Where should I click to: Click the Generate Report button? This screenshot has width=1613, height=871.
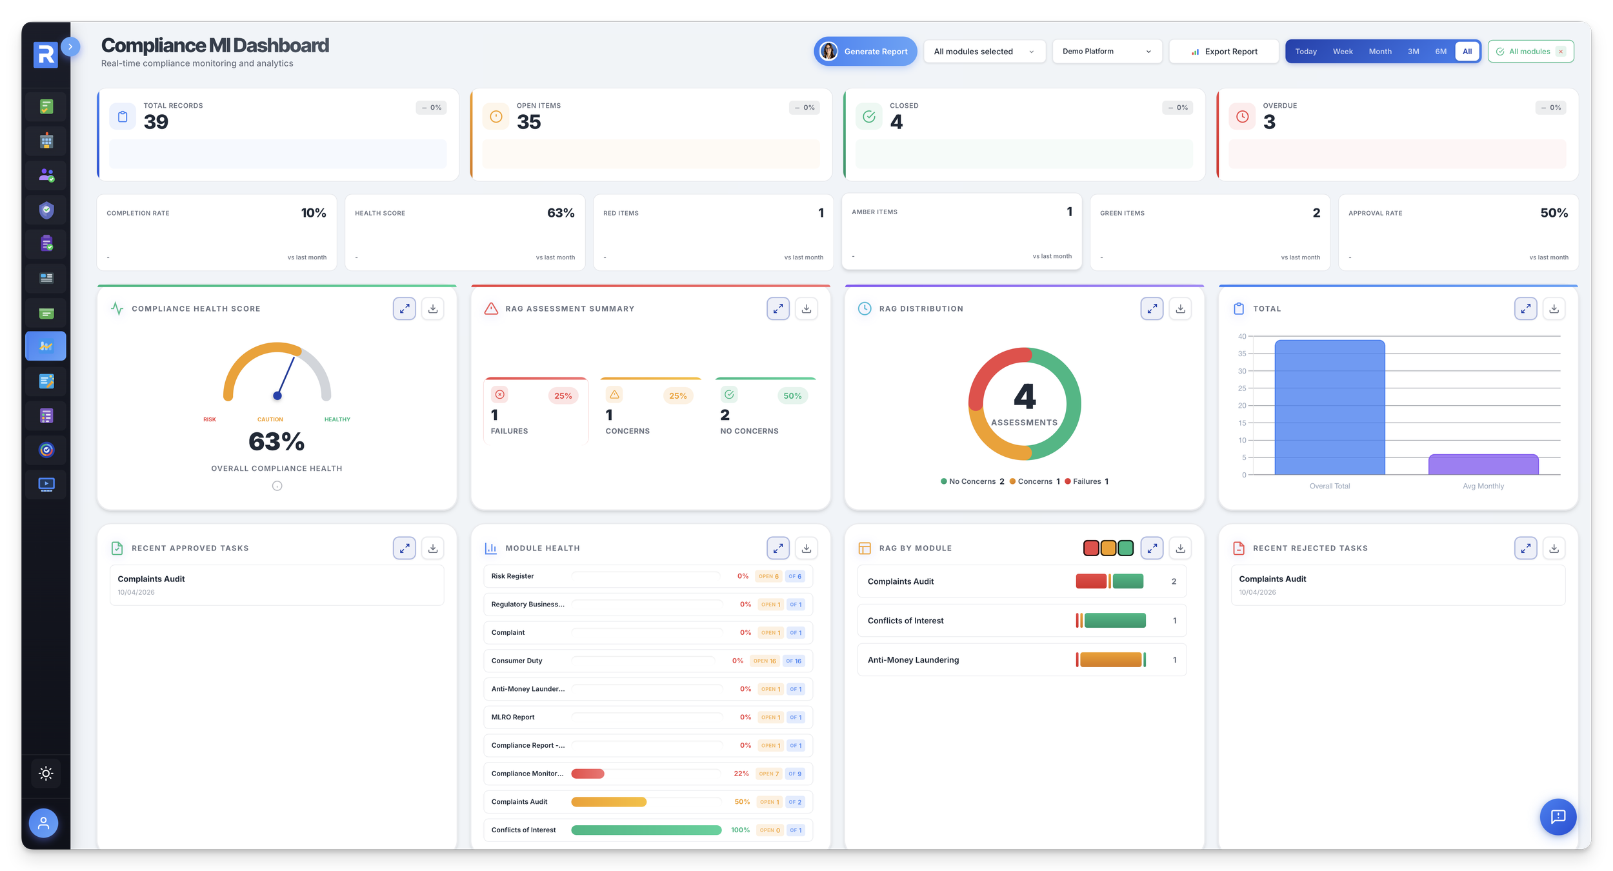point(865,52)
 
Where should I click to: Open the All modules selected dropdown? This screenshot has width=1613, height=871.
point(983,52)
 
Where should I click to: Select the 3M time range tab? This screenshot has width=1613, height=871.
point(1413,52)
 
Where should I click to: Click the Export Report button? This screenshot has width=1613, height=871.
point(1224,52)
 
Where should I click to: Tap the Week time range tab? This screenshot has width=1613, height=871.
point(1343,52)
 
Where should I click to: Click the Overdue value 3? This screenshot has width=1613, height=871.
point(1269,122)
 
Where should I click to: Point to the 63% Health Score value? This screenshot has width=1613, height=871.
point(560,213)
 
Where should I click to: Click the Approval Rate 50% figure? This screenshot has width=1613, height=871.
point(1554,213)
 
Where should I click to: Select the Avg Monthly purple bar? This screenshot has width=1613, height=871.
point(1483,465)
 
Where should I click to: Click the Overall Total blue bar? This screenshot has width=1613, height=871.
point(1329,407)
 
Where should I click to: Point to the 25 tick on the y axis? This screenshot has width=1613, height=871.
point(1242,388)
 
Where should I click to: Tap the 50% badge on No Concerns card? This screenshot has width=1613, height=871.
point(792,396)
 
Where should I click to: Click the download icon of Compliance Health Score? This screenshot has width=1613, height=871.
point(433,309)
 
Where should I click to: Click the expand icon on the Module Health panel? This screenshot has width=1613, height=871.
point(778,548)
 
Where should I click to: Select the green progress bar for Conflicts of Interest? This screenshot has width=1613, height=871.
point(646,830)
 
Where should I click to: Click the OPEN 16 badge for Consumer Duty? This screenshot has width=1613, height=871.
point(765,661)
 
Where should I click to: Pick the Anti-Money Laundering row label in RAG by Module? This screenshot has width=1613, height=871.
point(913,660)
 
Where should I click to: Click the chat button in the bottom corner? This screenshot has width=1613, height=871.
point(1558,817)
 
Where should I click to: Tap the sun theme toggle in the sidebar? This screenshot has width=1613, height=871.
point(46,774)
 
